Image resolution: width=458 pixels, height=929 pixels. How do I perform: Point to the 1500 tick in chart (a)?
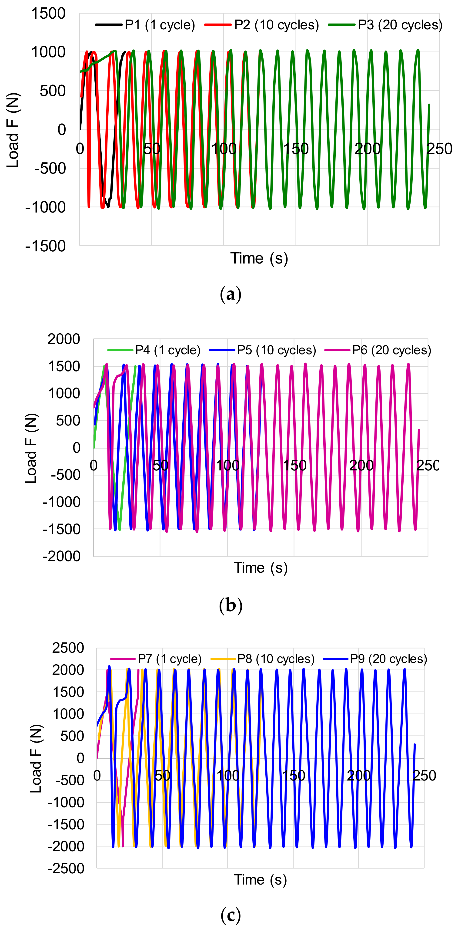[48, 14]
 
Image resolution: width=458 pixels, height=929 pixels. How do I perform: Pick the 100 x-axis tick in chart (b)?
[228, 465]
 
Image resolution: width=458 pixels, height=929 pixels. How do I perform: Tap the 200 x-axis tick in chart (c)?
[358, 775]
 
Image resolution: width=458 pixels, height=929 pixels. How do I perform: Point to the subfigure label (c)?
[230, 915]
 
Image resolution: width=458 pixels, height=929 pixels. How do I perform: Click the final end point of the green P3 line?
[429, 105]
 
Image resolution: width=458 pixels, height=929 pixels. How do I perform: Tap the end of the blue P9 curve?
[415, 744]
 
